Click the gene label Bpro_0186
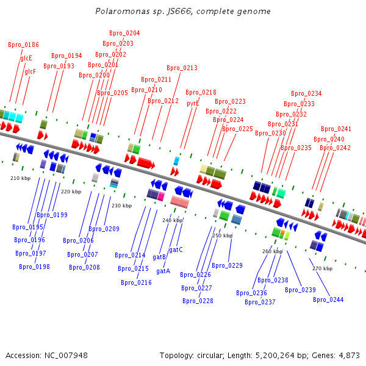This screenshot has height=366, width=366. click(23, 45)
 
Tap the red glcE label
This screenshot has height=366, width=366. click(26, 58)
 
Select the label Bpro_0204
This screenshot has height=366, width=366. click(124, 33)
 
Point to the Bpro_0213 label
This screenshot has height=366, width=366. click(182, 68)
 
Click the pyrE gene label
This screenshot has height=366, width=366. click(193, 104)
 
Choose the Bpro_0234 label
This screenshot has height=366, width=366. click(306, 93)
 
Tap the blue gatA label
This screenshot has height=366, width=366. click(163, 271)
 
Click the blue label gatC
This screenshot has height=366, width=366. click(176, 250)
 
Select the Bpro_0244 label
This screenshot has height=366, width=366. click(328, 300)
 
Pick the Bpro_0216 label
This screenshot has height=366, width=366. click(136, 282)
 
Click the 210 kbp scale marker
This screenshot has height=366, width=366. click(21, 178)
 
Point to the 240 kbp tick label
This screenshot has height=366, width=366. click(173, 220)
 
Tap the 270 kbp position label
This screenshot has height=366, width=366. click(322, 268)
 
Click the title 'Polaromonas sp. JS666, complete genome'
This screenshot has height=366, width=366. click(183, 11)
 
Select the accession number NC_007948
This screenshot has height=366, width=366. click(66, 356)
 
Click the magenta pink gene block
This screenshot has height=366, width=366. click(161, 196)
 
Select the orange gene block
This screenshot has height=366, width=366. click(282, 232)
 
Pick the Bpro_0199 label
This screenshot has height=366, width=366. click(52, 215)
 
